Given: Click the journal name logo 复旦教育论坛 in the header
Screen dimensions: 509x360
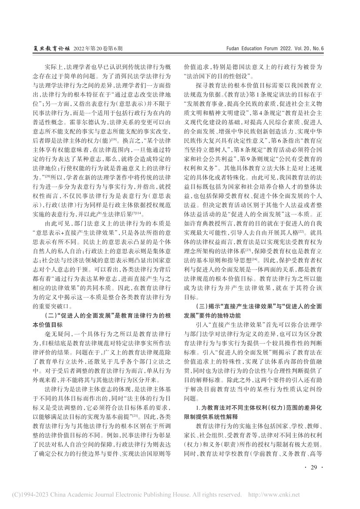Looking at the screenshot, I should click(x=52, y=49).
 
